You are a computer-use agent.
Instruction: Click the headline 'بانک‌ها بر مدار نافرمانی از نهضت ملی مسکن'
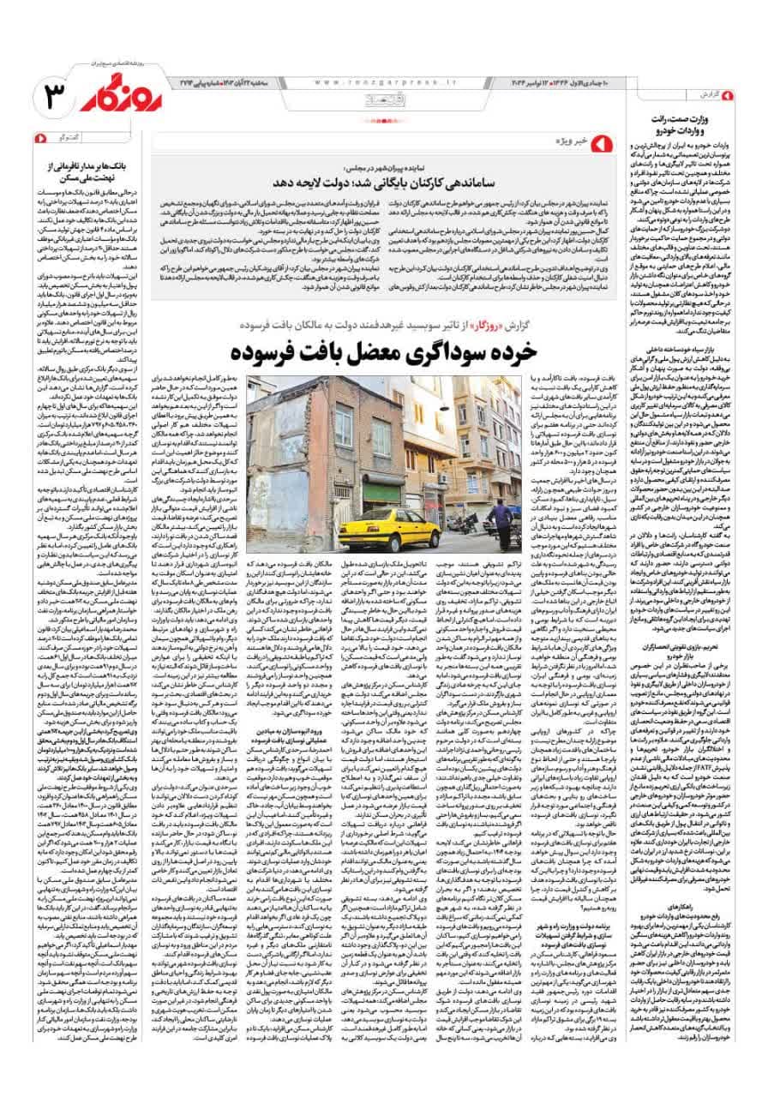click(x=87, y=169)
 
